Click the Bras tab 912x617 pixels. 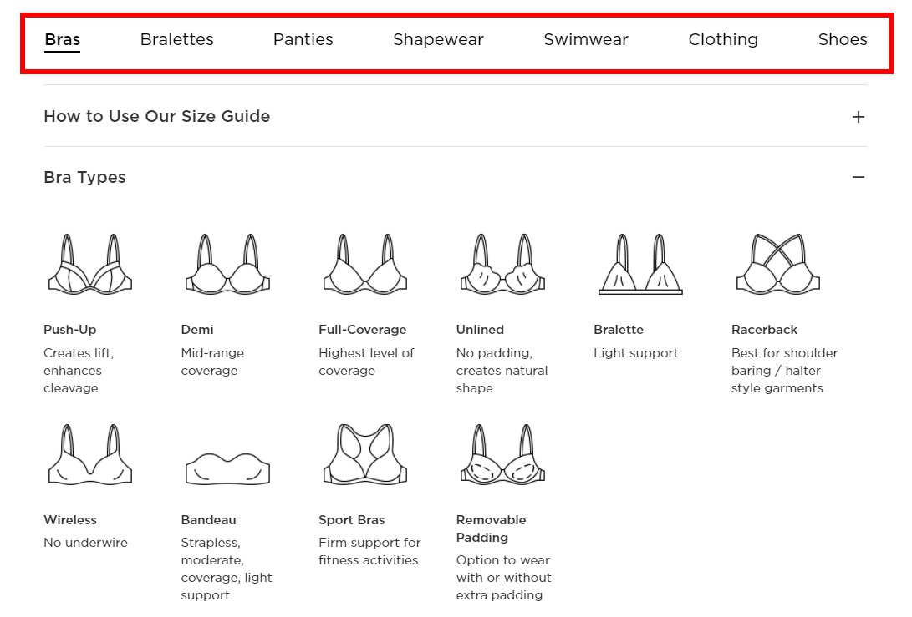[62, 39]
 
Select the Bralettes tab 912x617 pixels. [177, 39]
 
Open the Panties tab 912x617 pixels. [303, 39]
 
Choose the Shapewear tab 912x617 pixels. [438, 39]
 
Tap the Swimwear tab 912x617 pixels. [586, 39]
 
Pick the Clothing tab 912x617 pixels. [723, 39]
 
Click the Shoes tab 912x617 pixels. [843, 39]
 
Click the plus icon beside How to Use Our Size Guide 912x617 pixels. [859, 117]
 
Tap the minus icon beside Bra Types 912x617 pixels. [859, 177]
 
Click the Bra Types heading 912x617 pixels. [84, 177]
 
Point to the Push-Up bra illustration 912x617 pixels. [90, 264]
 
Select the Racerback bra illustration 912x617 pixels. [777, 264]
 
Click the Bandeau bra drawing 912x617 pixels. [228, 468]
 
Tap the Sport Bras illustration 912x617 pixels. [365, 454]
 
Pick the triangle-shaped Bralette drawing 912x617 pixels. [640, 265]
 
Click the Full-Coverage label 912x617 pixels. [362, 330]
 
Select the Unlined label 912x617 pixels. [480, 330]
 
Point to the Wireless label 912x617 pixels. [69, 520]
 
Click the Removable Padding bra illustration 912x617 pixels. [502, 454]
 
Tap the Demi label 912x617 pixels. [197, 330]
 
